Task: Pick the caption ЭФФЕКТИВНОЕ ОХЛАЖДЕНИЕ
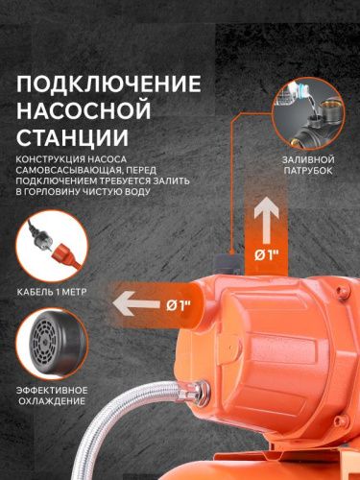point(52,395)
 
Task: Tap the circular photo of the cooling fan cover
point(51,343)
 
